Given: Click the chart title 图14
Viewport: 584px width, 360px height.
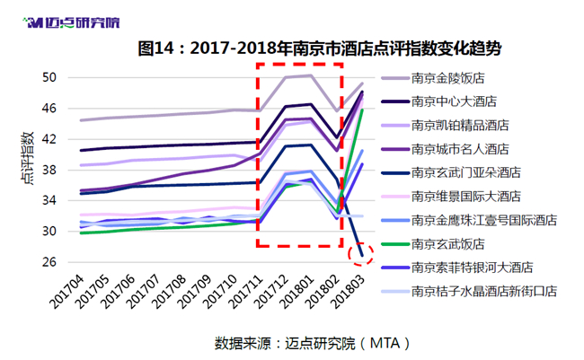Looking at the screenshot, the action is point(155,48).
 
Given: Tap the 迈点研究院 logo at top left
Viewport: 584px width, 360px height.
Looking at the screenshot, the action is point(71,22).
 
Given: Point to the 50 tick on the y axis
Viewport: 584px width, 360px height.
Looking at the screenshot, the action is point(49,78).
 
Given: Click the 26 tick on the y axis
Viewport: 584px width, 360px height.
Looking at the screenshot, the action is point(49,262).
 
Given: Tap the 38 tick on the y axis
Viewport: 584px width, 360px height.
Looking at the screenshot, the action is point(49,171).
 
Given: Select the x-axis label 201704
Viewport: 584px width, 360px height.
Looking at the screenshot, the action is point(67,292).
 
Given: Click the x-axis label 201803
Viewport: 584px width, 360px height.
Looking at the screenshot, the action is point(348,292).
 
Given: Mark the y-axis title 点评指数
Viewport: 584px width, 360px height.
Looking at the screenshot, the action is point(27,159).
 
